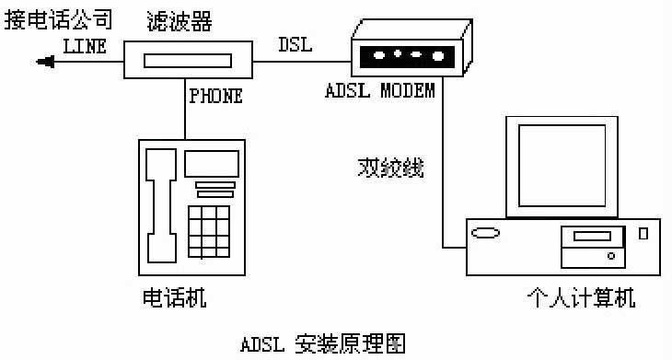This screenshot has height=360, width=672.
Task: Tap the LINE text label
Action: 85,45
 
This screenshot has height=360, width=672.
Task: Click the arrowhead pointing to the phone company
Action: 43,62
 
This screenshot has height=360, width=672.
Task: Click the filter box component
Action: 187,62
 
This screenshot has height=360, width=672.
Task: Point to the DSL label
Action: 295,45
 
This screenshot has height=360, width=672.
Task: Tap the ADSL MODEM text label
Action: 380,92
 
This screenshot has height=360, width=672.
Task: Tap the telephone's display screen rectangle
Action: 210,163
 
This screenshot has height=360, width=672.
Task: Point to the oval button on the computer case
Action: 486,234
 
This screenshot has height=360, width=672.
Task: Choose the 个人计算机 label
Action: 580,298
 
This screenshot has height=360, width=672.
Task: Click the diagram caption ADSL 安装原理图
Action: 322,343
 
